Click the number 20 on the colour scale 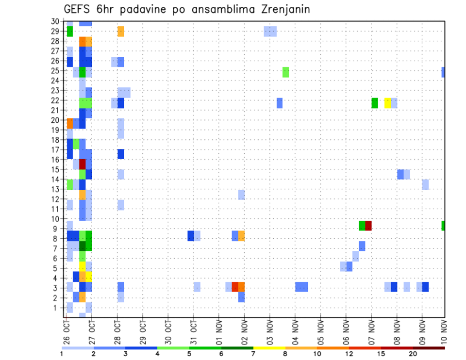(414, 354)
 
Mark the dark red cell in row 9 (368, 226)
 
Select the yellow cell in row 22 (387, 103)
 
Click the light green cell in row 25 (286, 72)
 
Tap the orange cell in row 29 (120, 32)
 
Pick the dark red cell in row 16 (83, 164)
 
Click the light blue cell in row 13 (425, 184)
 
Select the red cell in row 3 (235, 287)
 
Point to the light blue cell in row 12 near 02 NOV (241, 195)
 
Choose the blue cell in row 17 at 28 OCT (120, 154)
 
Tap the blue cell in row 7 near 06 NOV (362, 246)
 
